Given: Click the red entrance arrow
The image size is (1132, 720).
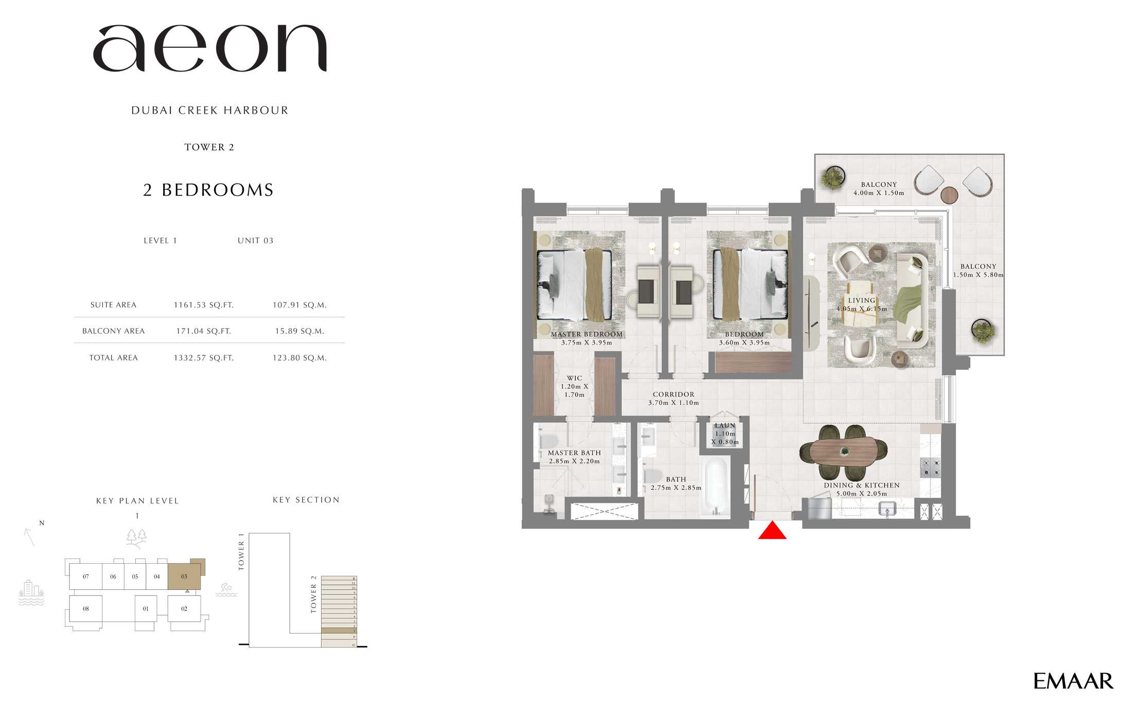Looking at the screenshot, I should pyautogui.click(x=772, y=531).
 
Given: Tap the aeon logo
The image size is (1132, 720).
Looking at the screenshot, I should pyautogui.click(x=210, y=48).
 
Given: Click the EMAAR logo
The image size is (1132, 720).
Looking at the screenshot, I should pyautogui.click(x=1073, y=681).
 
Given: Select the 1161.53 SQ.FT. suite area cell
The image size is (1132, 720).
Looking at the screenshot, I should pyautogui.click(x=204, y=305).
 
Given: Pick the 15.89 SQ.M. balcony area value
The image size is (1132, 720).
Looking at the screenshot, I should pyautogui.click(x=299, y=331).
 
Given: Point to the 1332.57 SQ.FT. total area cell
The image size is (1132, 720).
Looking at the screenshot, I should pyautogui.click(x=204, y=358).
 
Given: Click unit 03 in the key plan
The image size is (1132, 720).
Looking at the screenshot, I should pyautogui.click(x=184, y=577).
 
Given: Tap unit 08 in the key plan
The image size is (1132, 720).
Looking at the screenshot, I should pyautogui.click(x=86, y=609).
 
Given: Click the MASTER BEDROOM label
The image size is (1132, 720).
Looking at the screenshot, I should pyautogui.click(x=587, y=334).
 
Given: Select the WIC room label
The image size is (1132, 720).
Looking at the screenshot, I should pyautogui.click(x=574, y=379).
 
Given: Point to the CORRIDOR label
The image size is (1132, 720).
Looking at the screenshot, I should pyautogui.click(x=674, y=394).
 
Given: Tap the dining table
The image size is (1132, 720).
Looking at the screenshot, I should pyautogui.click(x=844, y=452).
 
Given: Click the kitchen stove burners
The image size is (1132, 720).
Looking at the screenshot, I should pyautogui.click(x=930, y=467).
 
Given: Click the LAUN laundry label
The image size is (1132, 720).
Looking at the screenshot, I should pyautogui.click(x=725, y=426).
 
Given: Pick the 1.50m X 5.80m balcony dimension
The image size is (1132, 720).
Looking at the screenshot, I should pyautogui.click(x=978, y=275).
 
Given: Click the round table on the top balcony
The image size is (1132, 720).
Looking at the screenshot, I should pyautogui.click(x=949, y=195).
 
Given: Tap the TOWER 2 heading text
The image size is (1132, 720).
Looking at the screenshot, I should pyautogui.click(x=209, y=147).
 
